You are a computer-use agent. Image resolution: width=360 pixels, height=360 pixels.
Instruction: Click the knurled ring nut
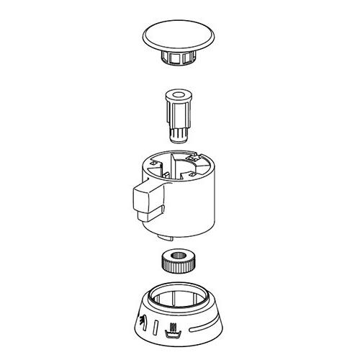click(x=178, y=261)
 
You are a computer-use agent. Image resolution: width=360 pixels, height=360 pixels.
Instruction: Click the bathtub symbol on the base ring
click(x=172, y=332)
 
